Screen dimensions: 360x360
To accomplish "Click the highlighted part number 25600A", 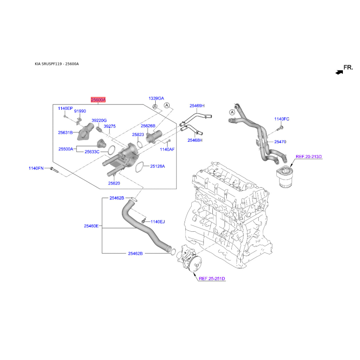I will pos(98,100).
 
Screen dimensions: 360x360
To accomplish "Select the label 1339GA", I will pos(157,98).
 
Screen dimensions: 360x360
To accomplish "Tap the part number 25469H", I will pos(197,106).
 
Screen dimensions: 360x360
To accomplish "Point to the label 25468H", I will pos(195,140).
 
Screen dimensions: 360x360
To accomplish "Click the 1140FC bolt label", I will pos(282,119).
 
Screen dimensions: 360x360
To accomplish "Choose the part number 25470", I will pos(280,142).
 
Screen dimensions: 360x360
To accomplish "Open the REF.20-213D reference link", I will pos(309,157).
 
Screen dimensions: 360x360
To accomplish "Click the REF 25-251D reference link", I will pos(211,279).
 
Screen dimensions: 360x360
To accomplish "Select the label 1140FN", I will pos(36,168).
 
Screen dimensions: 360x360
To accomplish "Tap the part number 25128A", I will pos(157,166).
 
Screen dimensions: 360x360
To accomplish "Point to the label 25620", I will pos(114,183).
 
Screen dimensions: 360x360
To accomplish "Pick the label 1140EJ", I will pos(158,221).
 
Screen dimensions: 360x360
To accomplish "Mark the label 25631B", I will pos(65,133).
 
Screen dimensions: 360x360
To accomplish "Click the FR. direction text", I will pos(348,68).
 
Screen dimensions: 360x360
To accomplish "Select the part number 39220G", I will pos(99,121).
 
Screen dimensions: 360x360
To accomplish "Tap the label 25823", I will pos(138,135).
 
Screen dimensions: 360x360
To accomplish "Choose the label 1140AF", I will pos(167,149).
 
